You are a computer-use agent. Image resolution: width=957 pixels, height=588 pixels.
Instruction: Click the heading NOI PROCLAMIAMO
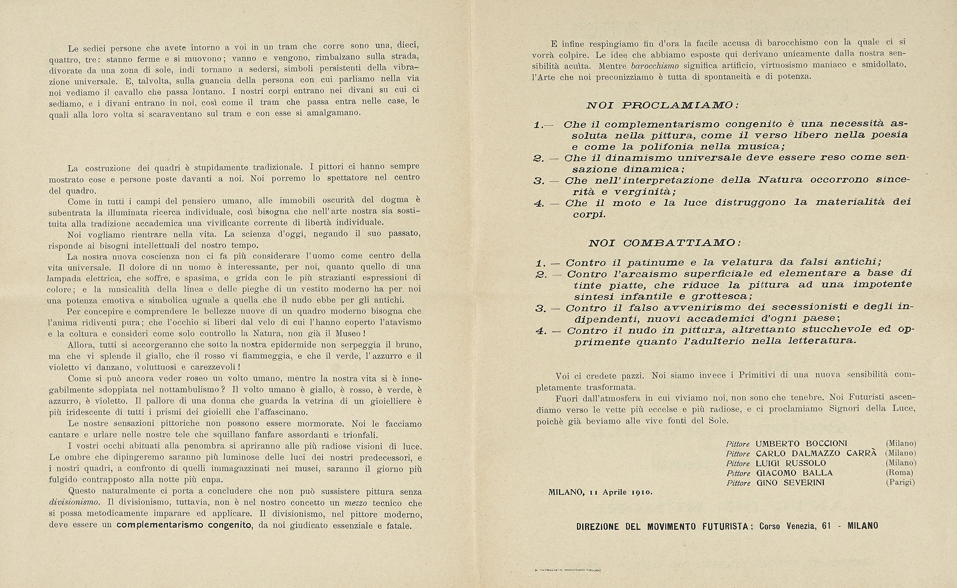662,105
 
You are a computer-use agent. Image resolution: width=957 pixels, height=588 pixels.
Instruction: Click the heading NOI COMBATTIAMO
665,243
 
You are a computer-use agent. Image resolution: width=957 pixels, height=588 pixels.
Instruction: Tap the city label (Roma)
901,473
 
